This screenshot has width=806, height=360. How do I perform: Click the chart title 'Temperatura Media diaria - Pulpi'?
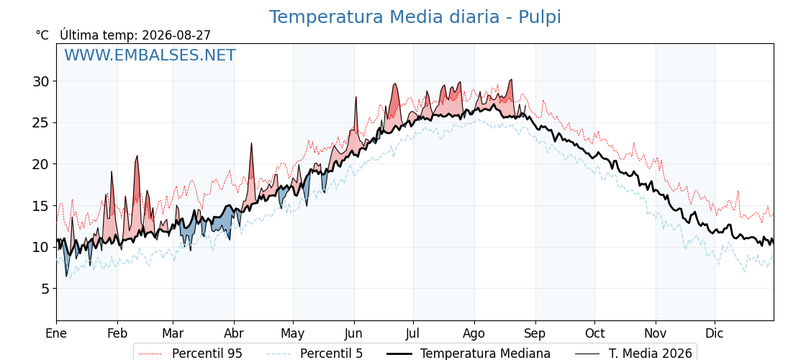[x=415, y=17]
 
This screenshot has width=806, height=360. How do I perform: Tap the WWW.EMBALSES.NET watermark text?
[x=150, y=55]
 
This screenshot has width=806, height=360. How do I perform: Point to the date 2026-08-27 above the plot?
[x=176, y=35]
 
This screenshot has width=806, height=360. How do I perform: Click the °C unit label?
[x=42, y=35]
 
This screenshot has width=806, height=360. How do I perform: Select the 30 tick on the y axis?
[x=42, y=81]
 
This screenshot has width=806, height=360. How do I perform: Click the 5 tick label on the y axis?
[x=45, y=289]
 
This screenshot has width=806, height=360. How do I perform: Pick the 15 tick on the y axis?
[x=42, y=206]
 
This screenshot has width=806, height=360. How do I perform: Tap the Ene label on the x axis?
[x=56, y=333]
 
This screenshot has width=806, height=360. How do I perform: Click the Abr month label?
[x=234, y=333]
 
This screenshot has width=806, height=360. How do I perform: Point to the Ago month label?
[x=474, y=334]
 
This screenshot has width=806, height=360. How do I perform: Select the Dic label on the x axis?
[x=715, y=333]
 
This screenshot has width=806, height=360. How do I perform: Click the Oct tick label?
[x=594, y=333]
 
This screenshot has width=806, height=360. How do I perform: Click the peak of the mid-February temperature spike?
[x=137, y=156]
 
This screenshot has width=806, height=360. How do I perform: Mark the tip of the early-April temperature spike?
[x=252, y=143]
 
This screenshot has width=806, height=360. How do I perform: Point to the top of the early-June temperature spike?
[x=356, y=96]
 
